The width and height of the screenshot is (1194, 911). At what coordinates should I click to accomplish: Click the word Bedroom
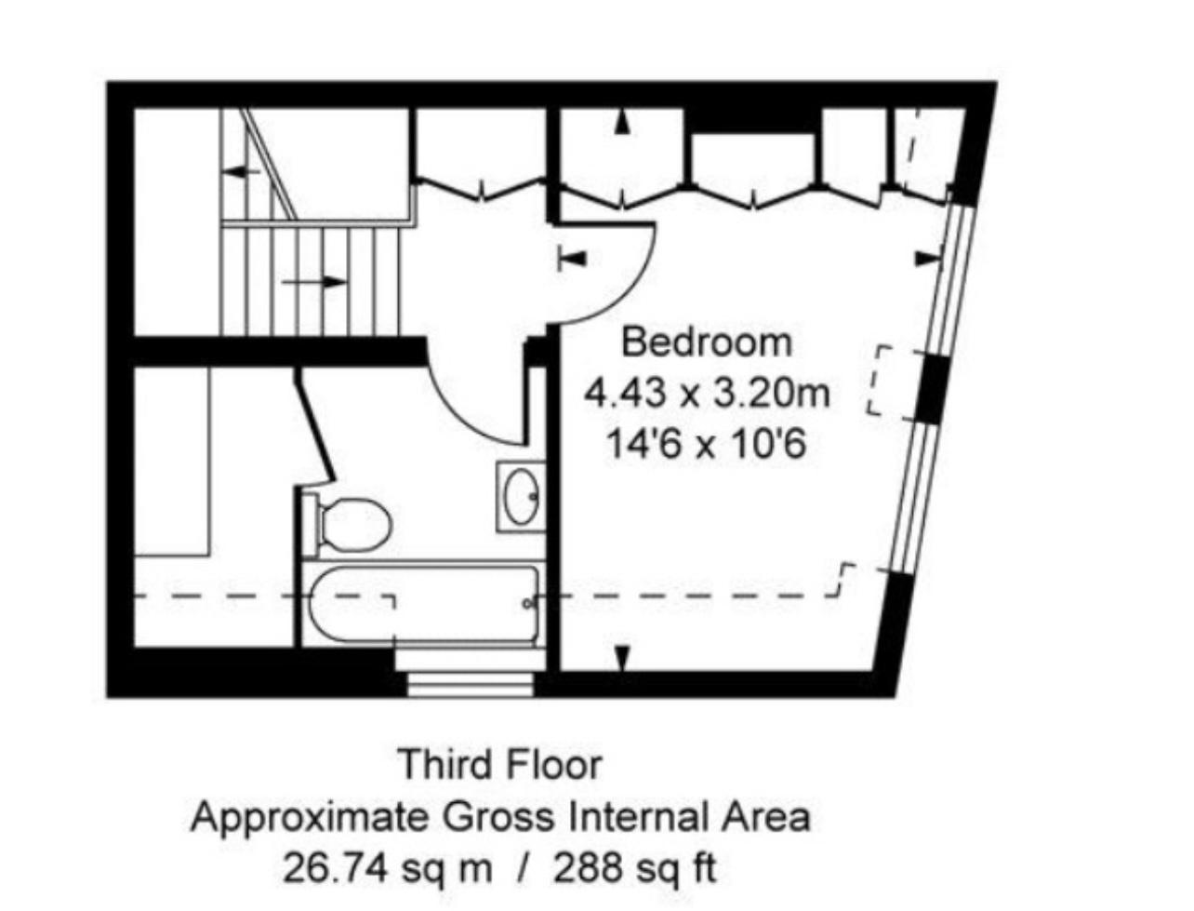[707, 342]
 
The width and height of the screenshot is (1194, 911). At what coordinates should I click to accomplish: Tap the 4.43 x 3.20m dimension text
[707, 394]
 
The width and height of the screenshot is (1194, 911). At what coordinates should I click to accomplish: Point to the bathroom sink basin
[520, 496]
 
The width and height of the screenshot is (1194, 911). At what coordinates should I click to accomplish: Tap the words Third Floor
[500, 765]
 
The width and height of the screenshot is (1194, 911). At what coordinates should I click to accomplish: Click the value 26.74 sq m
[387, 868]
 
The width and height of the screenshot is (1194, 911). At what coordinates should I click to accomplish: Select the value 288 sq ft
[635, 868]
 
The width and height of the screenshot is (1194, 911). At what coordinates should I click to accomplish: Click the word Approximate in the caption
[309, 817]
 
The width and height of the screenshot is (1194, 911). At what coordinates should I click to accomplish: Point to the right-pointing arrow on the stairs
[316, 280]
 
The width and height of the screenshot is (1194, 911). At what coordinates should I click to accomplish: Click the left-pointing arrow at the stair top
[241, 171]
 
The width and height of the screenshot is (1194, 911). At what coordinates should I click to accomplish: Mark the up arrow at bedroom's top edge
[622, 122]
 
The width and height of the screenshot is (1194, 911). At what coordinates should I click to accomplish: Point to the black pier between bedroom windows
[928, 388]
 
